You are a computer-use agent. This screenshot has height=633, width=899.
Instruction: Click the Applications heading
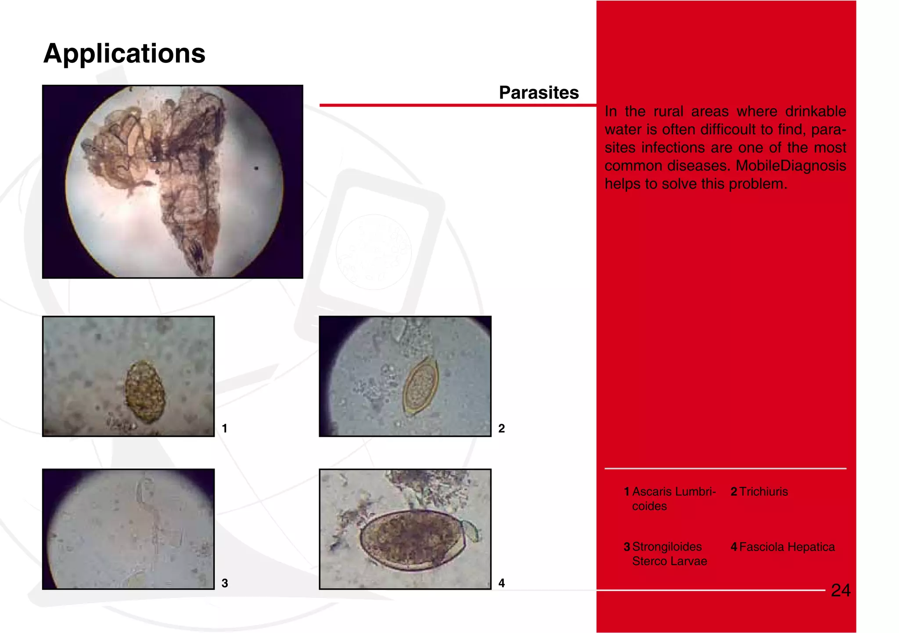tap(124, 54)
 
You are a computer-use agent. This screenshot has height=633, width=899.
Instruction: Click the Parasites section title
tap(539, 93)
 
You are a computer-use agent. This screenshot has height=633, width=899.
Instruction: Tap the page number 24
tap(840, 590)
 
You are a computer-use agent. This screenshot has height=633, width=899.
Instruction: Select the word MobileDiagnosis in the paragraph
tap(791, 166)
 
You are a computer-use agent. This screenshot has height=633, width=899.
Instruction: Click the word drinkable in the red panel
tap(815, 111)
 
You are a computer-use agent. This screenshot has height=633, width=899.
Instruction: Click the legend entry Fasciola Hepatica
tap(787, 547)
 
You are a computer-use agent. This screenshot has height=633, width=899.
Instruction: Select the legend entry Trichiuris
tap(763, 492)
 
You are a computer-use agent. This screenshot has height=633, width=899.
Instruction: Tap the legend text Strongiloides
tap(666, 547)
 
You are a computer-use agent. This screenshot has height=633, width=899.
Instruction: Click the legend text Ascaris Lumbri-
tap(673, 492)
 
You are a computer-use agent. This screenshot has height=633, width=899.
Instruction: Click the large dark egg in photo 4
tap(412, 540)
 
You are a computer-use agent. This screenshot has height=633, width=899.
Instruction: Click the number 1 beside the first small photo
tap(224, 429)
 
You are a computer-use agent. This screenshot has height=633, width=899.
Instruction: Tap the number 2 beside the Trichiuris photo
tap(501, 429)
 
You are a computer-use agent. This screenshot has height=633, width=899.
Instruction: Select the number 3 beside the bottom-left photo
tap(224, 583)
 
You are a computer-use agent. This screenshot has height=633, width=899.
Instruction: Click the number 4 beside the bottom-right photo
tap(501, 583)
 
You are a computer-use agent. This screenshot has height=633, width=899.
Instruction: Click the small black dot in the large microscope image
tap(256, 168)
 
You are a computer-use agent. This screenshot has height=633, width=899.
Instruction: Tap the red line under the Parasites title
tap(457, 105)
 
